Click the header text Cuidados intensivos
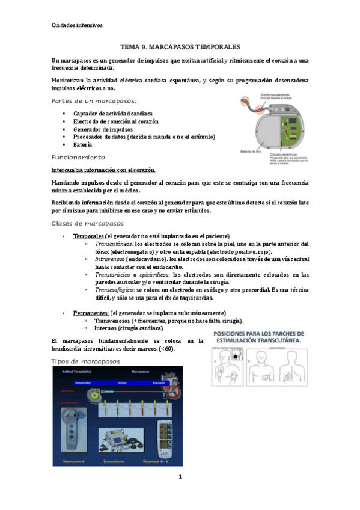pyautogui.click(x=77, y=25)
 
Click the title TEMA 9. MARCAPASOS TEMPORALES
pyautogui.click(x=180, y=46)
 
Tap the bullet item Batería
pyautogui.click(x=83, y=145)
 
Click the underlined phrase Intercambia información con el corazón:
pyautogui.click(x=103, y=170)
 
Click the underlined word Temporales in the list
pyautogui.click(x=88, y=235)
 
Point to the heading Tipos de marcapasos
pyautogui.click(x=86, y=361)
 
